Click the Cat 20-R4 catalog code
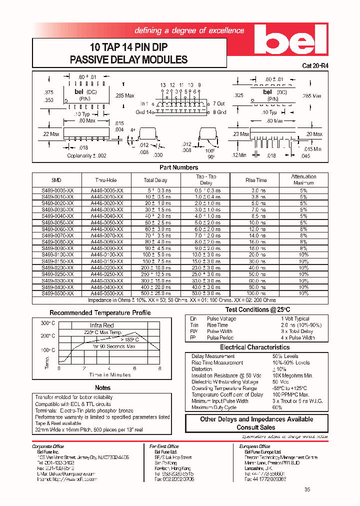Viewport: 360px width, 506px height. pos(315,65)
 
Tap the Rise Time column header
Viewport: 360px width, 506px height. pos(256,180)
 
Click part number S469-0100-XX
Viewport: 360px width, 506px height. pos(56,254)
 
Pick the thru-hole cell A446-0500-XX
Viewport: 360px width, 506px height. pos(106,293)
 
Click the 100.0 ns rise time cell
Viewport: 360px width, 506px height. pos(256,293)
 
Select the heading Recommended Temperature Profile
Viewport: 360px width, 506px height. pos(100,313)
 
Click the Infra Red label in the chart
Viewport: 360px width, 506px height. pos(101,325)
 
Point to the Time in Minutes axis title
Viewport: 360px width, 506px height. pos(110,374)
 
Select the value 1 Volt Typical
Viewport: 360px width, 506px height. pos(294,318)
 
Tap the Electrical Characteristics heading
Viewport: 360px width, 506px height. pos(254,347)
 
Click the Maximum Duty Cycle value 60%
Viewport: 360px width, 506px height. pos(277,407)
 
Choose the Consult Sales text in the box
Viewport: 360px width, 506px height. pos(256,427)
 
